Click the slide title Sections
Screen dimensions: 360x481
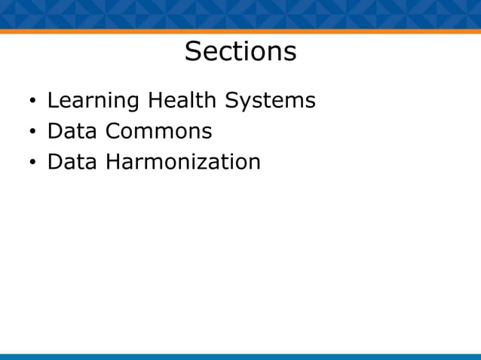coord(240,52)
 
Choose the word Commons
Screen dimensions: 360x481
coord(158,131)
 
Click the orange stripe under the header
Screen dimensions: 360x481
coord(240,32)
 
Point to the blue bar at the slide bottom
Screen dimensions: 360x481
coord(240,356)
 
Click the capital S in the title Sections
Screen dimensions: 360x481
coord(193,52)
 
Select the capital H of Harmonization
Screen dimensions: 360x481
coord(112,162)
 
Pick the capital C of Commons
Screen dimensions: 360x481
coord(113,131)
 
